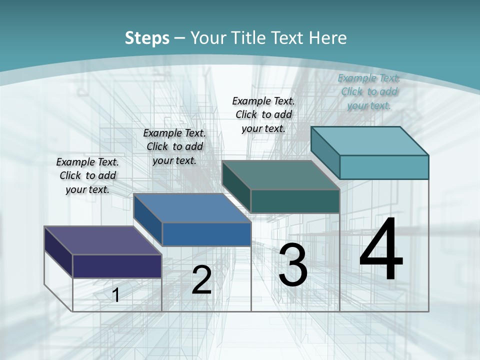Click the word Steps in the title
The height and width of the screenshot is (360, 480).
(x=147, y=38)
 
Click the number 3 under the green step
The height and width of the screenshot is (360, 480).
(x=293, y=265)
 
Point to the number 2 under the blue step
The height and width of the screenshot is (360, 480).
(x=201, y=280)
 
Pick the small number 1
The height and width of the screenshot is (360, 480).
(x=115, y=295)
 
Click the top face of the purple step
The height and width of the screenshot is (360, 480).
(x=102, y=240)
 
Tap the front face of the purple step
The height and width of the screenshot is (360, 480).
(x=117, y=266)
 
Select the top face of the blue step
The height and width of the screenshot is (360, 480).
(x=192, y=208)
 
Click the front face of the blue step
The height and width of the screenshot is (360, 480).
(x=206, y=234)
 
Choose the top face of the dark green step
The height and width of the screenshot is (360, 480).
(x=280, y=175)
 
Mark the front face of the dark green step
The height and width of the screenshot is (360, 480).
(x=295, y=201)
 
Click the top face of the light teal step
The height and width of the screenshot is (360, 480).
(x=369, y=140)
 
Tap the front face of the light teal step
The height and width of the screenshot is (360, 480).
(x=384, y=167)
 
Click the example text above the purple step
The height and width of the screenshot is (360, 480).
(x=87, y=175)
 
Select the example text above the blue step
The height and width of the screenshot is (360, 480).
(x=174, y=146)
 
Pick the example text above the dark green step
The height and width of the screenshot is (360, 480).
(x=263, y=114)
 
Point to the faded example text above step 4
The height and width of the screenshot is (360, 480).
(x=369, y=91)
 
